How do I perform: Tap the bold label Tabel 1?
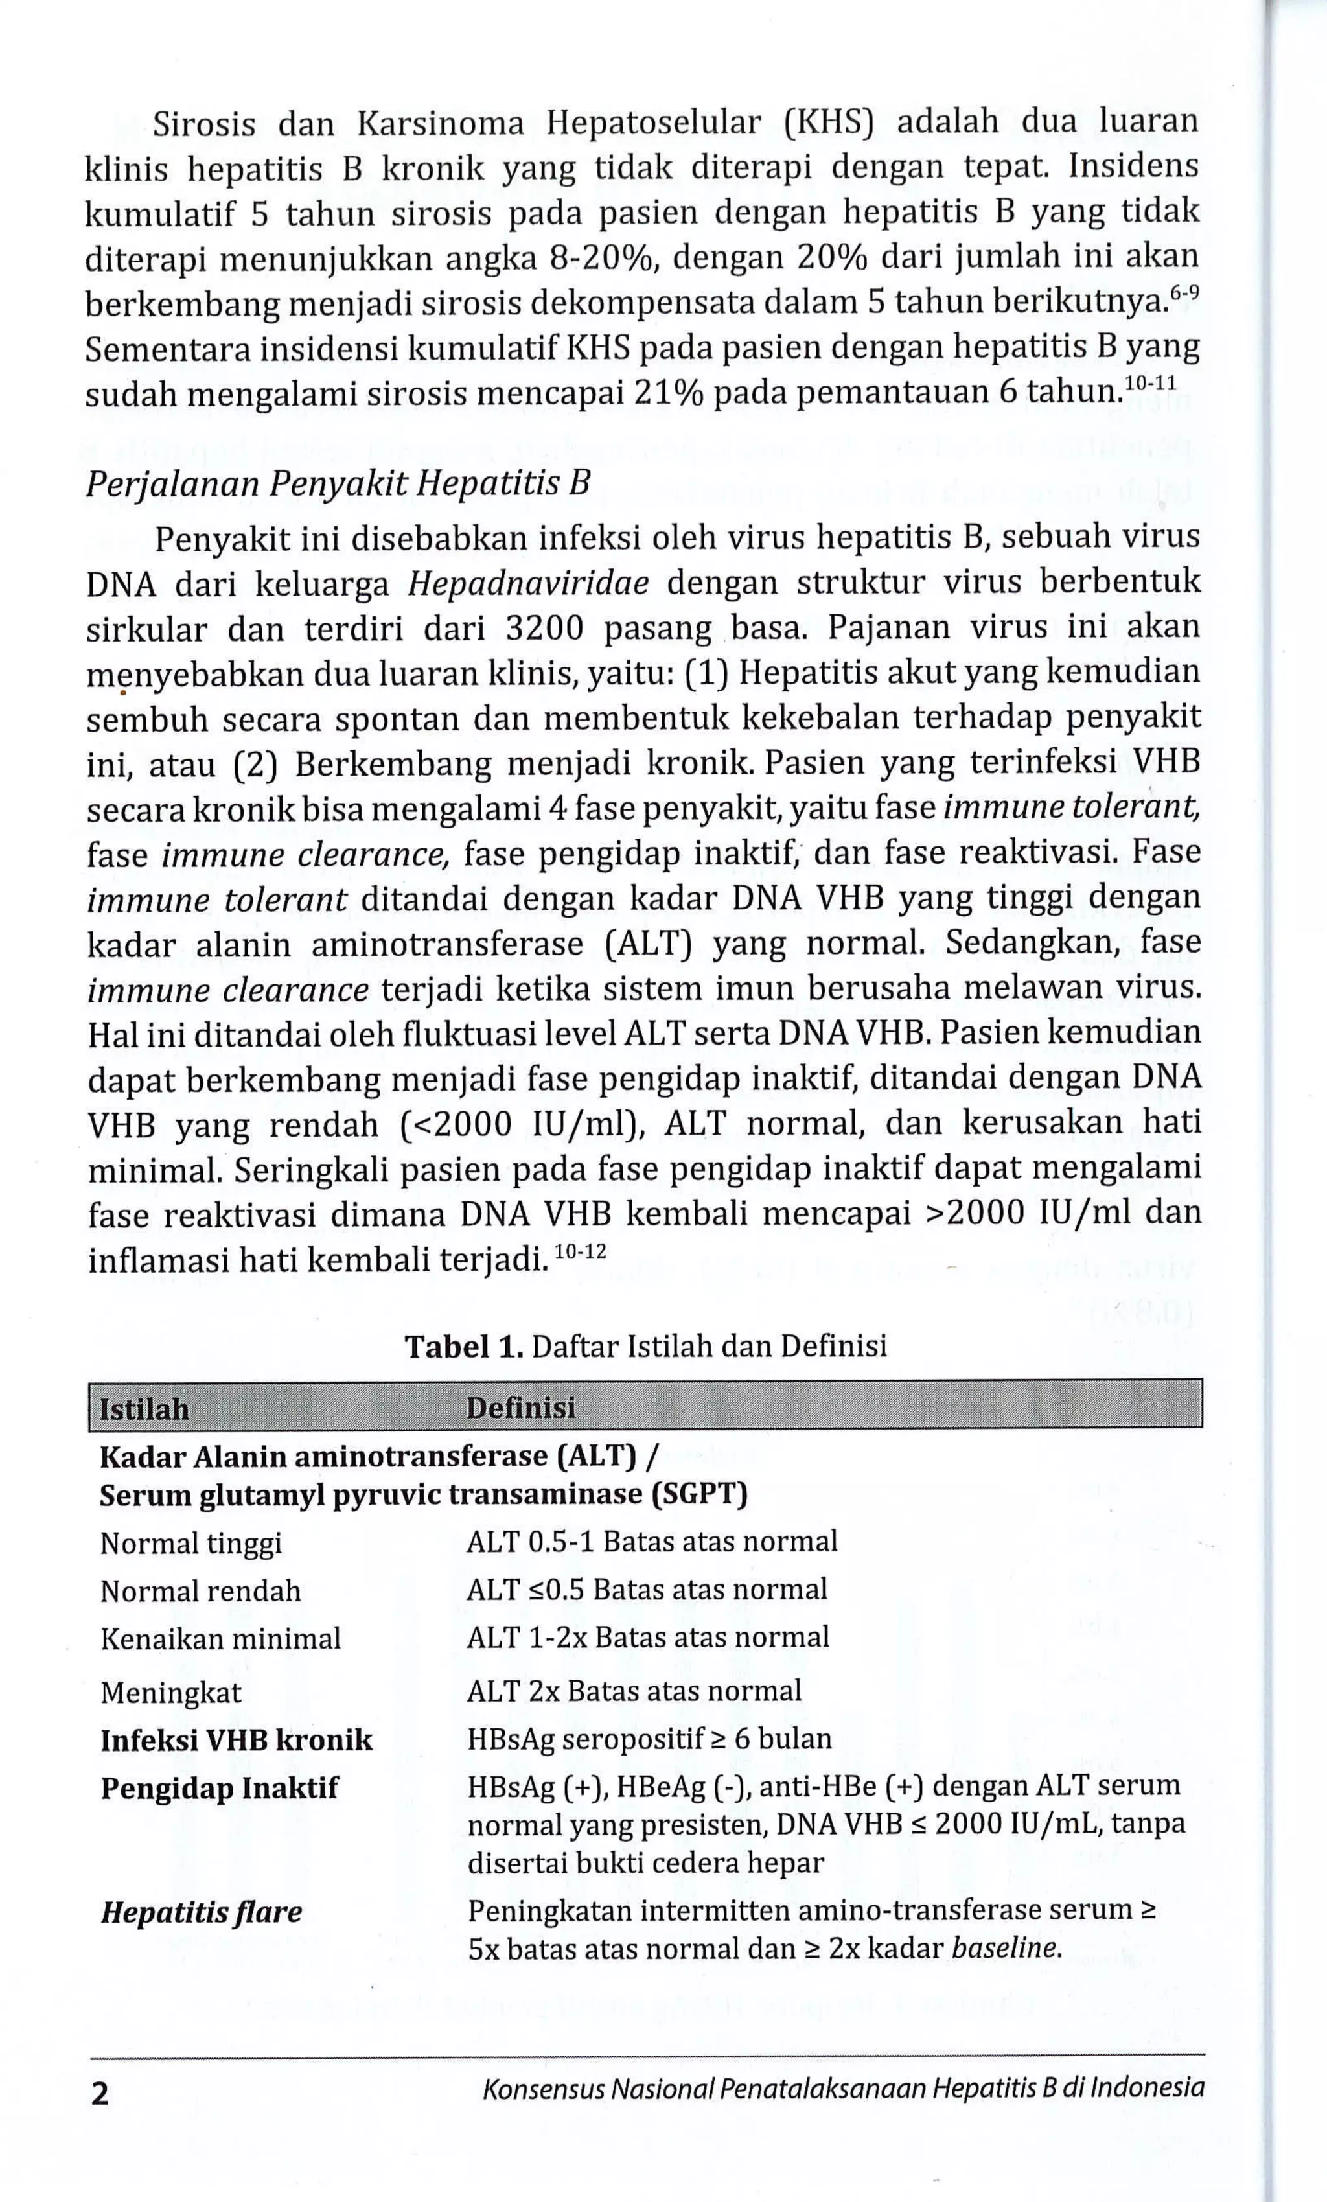(x=464, y=1346)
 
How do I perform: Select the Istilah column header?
(x=144, y=1409)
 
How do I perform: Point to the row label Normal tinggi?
(x=190, y=1544)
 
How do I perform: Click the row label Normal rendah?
(x=200, y=1591)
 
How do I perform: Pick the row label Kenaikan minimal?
(x=220, y=1638)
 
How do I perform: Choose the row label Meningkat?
(x=170, y=1693)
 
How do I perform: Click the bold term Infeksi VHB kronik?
(x=236, y=1740)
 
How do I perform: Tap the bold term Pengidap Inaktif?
(x=219, y=1788)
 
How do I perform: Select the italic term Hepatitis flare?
(x=201, y=1912)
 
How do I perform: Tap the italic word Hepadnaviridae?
(x=528, y=584)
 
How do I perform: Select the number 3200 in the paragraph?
(x=544, y=629)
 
